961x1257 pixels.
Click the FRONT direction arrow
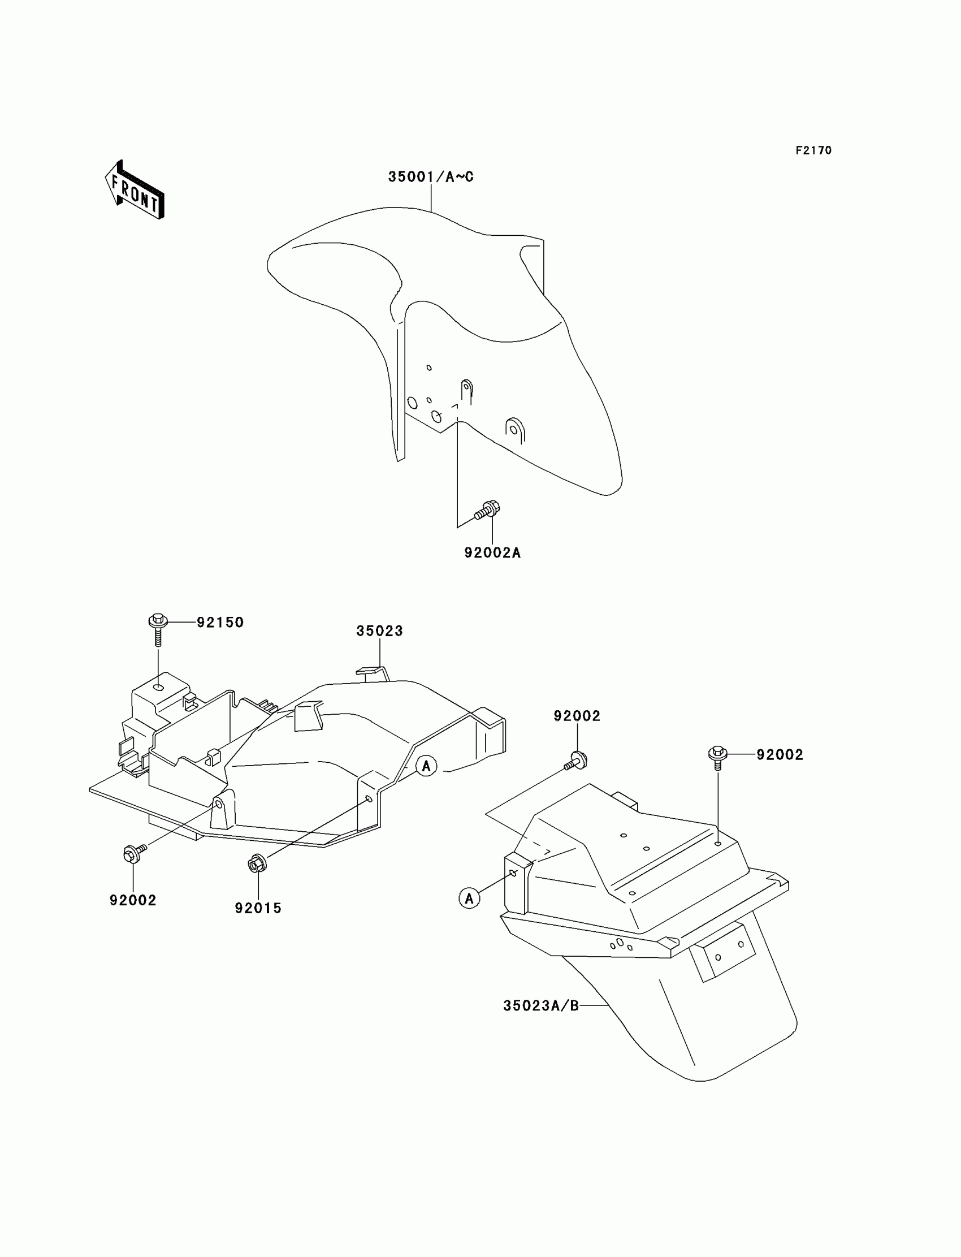[135, 191]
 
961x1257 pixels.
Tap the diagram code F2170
[813, 150]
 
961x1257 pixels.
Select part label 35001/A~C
[431, 177]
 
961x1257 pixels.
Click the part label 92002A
[492, 552]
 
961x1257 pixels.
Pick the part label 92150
[220, 623]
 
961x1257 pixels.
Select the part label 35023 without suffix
[379, 631]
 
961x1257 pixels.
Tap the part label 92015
[258, 908]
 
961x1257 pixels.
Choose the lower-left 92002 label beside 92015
[133, 900]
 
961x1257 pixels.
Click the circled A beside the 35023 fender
[426, 766]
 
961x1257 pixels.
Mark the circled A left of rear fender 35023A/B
[469, 898]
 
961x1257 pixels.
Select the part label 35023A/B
[541, 1005]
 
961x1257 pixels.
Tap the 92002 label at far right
[780, 755]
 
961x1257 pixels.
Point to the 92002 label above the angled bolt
[577, 716]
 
